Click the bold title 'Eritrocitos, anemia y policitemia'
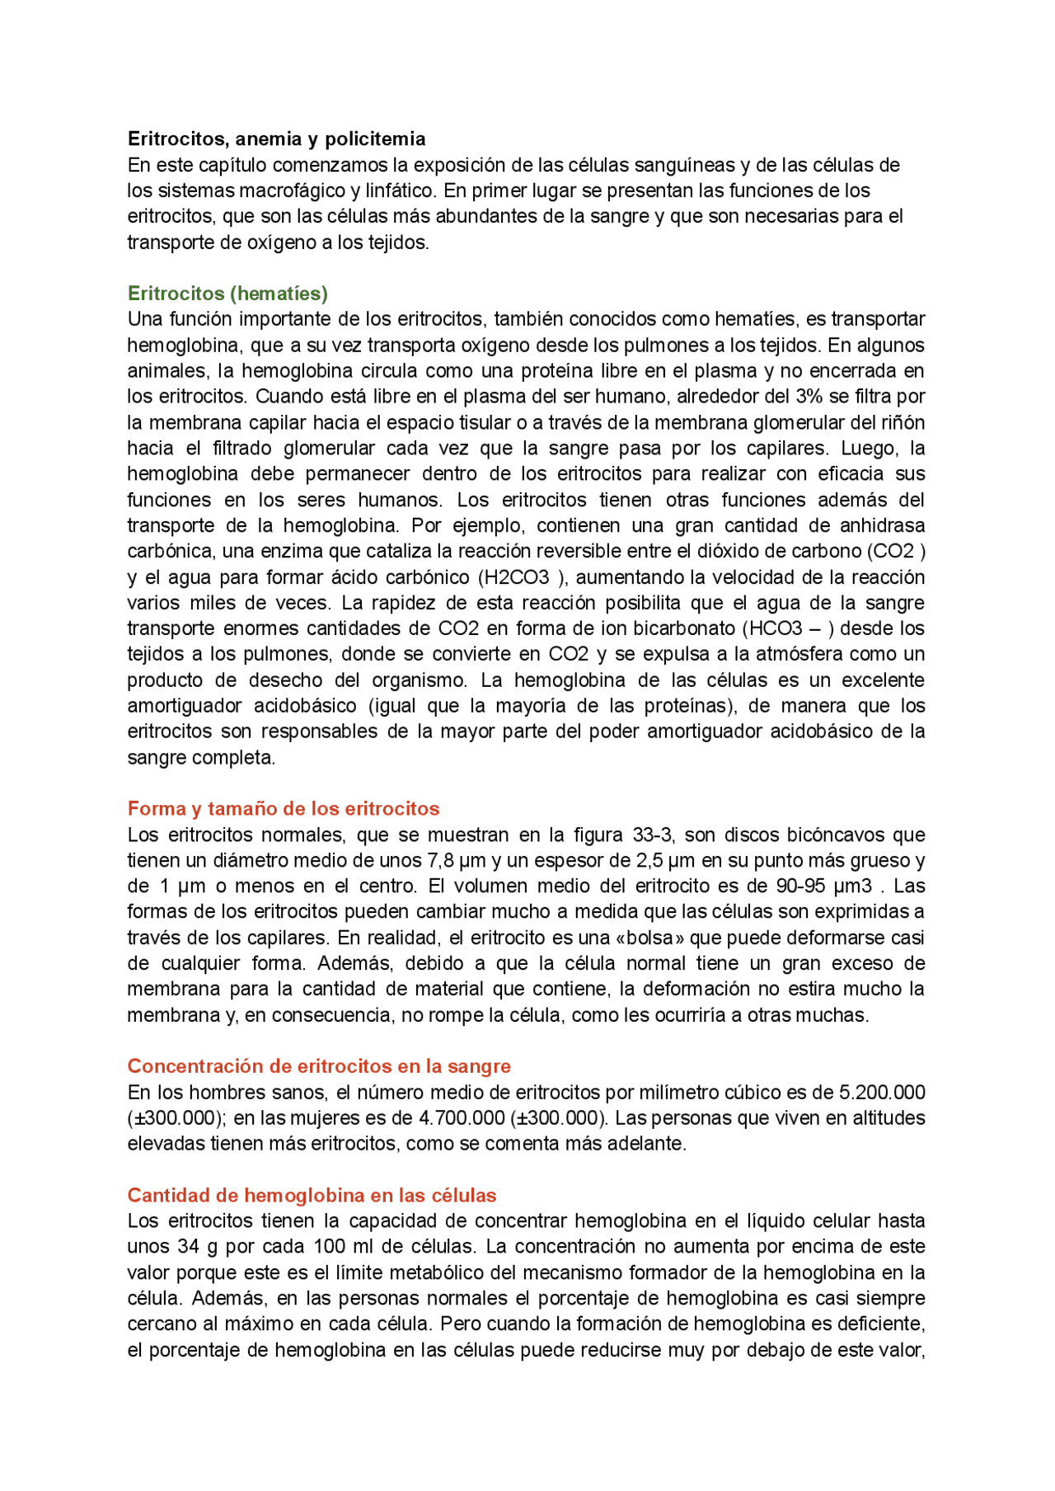pos(276,139)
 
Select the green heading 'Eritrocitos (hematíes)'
pos(227,294)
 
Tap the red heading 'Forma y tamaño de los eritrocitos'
pos(284,809)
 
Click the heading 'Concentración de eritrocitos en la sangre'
pos(319,1066)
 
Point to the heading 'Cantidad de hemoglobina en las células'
pos(312,1196)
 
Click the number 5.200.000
pos(882,1093)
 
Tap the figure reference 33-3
pos(653,835)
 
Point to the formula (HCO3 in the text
pos(771,628)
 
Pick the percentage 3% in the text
pos(809,397)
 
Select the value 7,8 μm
pos(455,861)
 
